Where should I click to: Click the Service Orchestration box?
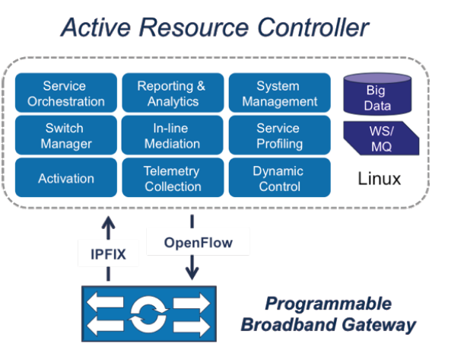coord(64,94)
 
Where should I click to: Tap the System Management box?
coord(278,94)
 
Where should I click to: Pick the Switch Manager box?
coord(64,135)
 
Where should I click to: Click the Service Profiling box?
coord(278,135)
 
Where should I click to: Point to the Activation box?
coord(64,178)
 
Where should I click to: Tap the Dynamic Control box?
coord(278,178)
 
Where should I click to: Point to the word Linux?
coord(379,180)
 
